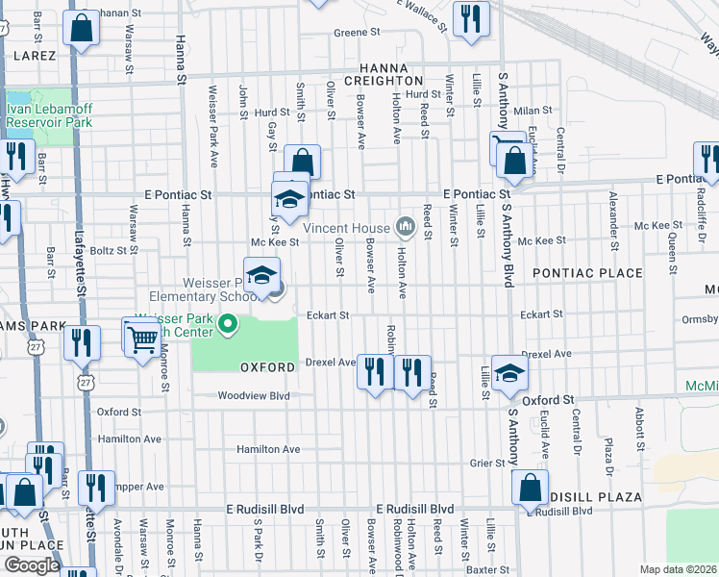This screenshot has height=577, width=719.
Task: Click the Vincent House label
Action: coord(346,228)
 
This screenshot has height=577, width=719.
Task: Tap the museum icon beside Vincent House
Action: coord(406,227)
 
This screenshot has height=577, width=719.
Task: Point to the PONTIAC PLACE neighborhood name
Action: coord(586,273)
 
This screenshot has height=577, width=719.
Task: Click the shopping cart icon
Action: coord(140,338)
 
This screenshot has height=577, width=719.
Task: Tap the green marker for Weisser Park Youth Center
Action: coord(228,325)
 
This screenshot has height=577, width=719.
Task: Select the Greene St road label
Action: coord(357,33)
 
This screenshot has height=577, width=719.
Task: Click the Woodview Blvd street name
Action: coord(253,395)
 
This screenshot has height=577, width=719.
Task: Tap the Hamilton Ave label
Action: coord(268,449)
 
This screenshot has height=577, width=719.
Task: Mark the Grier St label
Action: coord(487,463)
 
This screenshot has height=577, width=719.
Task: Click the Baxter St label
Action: coord(486,569)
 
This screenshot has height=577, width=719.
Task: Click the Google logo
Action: coord(32,565)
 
